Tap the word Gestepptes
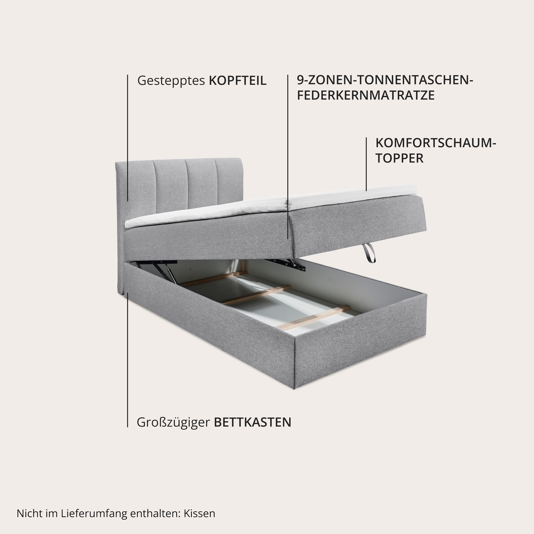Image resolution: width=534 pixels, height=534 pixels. coord(171,81)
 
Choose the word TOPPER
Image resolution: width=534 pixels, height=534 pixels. coord(399,158)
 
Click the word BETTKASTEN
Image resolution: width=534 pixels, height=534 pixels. coord(253,422)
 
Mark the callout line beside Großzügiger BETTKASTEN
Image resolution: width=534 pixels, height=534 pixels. coord(127,359)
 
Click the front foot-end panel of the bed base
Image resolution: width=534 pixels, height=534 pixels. coord(359,359)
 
